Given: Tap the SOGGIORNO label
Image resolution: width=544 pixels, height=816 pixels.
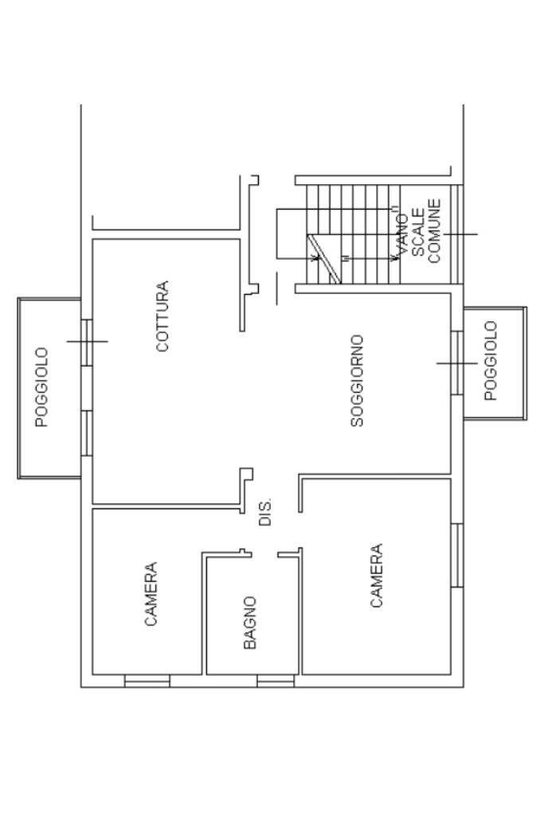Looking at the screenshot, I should [358, 381].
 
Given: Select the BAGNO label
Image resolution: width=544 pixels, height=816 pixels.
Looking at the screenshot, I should [250, 623].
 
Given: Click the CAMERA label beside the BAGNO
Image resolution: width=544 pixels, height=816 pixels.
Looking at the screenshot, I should [151, 594].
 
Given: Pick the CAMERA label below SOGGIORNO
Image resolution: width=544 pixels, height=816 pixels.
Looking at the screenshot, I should [377, 576].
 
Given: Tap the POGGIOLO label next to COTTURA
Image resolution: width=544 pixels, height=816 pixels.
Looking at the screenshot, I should [42, 386].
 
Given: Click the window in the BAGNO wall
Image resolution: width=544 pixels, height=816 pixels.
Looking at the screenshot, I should [276, 681].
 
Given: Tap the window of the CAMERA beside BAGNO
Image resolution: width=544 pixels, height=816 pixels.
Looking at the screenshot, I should [147, 681].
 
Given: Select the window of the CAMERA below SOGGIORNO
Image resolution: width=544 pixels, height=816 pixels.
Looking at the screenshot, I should [456, 555].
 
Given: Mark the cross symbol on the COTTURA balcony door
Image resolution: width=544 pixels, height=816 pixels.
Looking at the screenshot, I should [86, 341].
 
